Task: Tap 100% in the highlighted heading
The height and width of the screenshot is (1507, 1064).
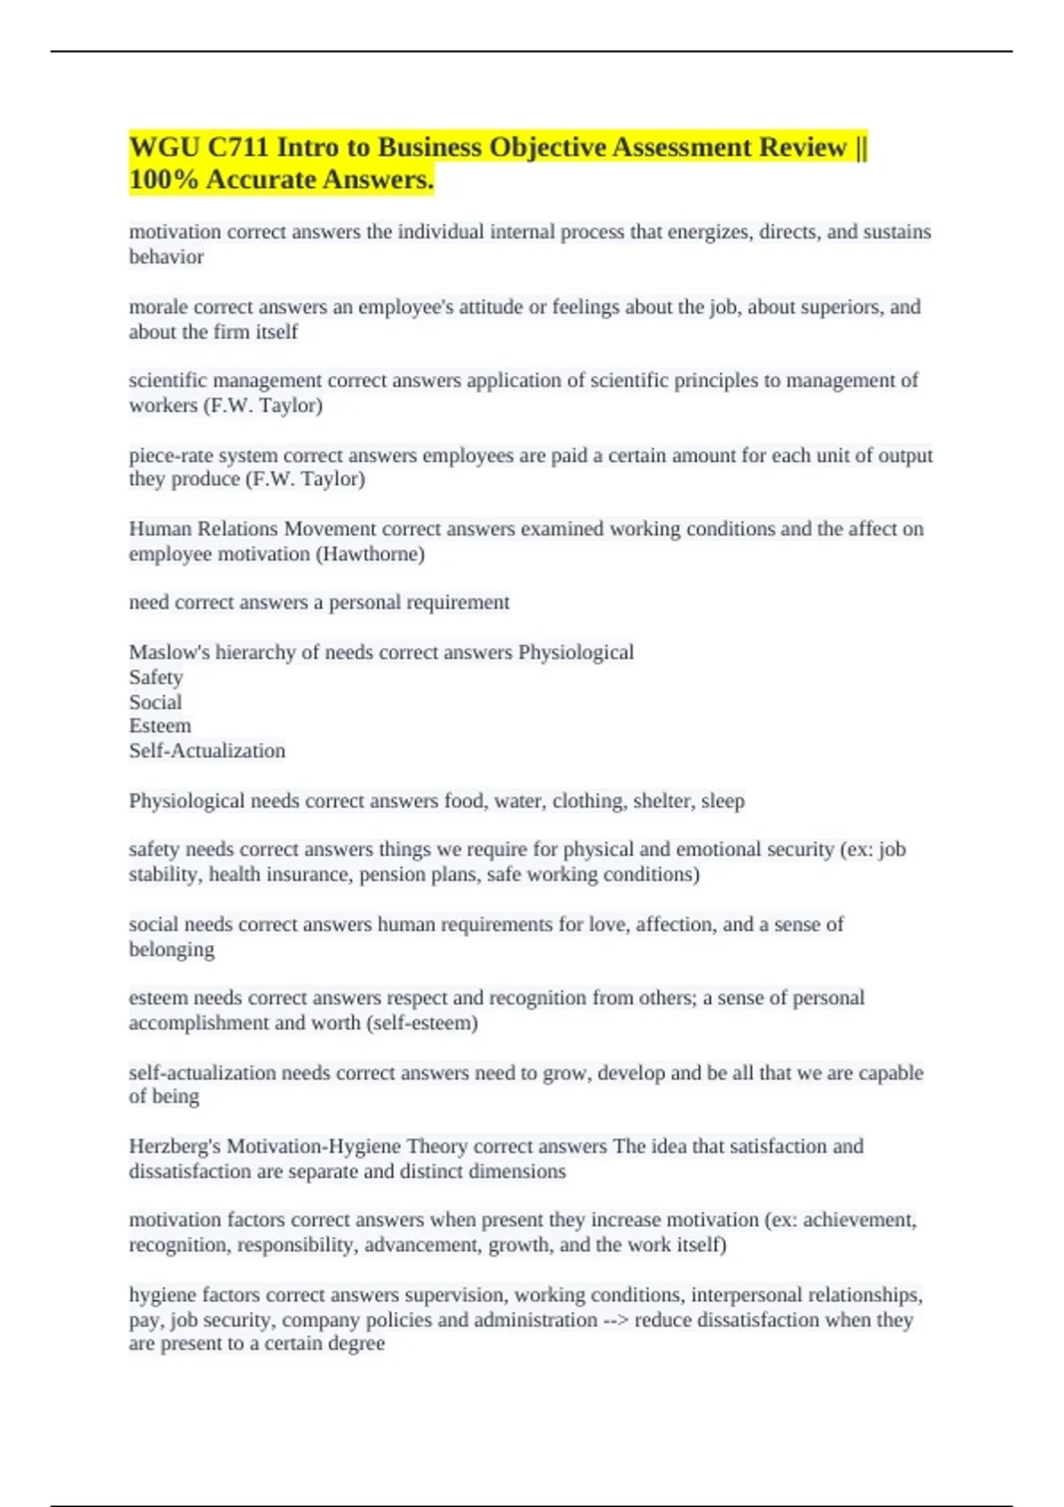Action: tap(163, 180)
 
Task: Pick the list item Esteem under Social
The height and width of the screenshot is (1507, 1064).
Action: tap(160, 726)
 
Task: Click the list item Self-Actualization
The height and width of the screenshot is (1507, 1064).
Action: tap(207, 751)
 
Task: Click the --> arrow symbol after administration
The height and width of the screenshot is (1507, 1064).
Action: tap(615, 1320)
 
